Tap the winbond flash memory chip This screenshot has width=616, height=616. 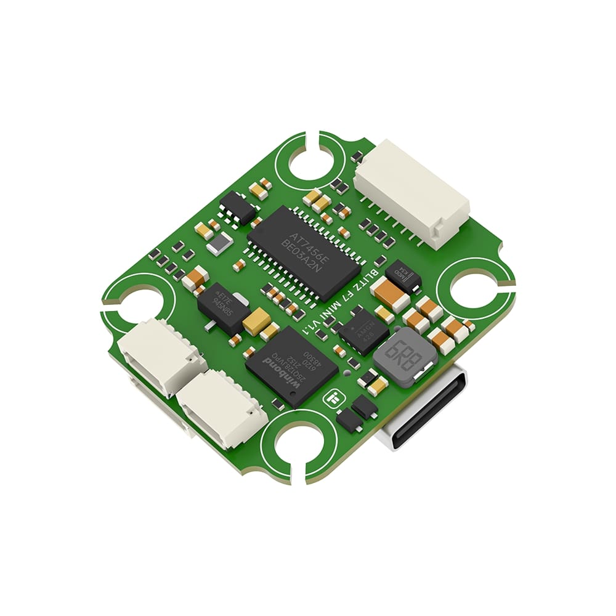coord(291,366)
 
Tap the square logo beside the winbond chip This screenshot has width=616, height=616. coord(333,400)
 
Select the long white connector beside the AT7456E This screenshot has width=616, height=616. coord(411,192)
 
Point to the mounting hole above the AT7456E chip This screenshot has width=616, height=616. coord(311,163)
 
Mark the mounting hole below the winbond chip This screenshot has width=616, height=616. coord(298,445)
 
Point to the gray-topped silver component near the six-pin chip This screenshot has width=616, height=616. coord(220,245)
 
